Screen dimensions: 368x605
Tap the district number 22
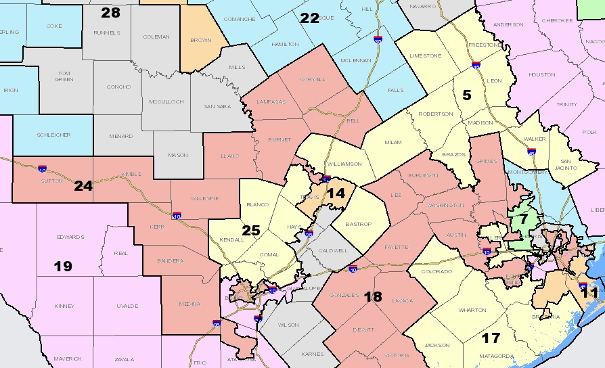[309, 18]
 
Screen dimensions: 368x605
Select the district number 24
[83, 185]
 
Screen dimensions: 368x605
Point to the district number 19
[62, 266]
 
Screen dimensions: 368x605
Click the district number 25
[251, 231]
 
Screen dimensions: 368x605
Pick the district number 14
[336, 193]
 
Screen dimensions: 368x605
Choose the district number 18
[374, 296]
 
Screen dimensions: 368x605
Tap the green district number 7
[522, 219]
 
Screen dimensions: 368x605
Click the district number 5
[466, 95]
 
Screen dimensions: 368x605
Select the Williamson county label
[344, 164]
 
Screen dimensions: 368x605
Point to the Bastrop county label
[361, 223]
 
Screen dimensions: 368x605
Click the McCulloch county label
[166, 101]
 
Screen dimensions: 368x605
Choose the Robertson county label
[436, 114]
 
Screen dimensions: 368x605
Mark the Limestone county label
[426, 55]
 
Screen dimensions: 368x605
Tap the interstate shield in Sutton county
[42, 168]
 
